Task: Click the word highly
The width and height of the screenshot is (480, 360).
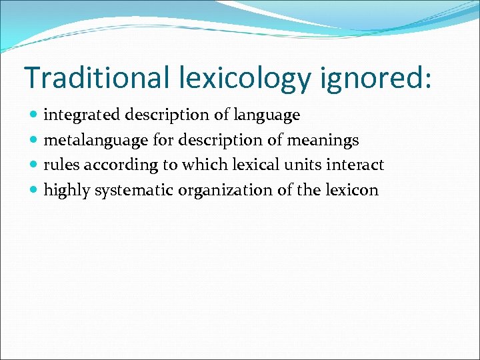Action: click(67, 191)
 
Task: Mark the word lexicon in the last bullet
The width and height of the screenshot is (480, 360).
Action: click(351, 190)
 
